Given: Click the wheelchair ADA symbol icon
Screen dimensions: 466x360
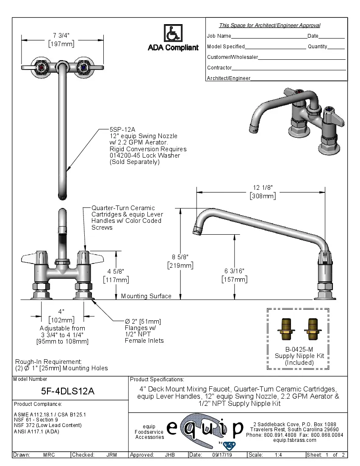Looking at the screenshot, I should point(172,33).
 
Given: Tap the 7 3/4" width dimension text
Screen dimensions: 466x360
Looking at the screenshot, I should point(61,35).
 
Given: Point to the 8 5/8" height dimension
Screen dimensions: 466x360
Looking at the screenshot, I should point(180,257).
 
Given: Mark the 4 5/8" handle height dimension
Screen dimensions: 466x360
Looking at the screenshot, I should point(116,271).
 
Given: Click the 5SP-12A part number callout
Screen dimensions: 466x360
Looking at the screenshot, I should point(122,130).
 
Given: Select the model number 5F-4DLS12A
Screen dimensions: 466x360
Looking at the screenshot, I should point(71,392).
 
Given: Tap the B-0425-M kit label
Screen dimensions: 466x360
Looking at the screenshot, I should point(299,349).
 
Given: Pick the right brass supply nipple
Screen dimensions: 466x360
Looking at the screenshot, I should point(313,329).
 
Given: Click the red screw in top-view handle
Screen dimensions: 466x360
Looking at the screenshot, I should point(42,67).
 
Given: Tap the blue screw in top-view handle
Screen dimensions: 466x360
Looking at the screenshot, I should point(83,67).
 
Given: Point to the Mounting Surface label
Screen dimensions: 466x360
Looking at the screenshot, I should point(146,296).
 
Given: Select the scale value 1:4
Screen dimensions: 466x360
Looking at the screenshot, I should point(278,455).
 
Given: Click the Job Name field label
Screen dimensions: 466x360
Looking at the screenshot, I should point(219,36).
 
